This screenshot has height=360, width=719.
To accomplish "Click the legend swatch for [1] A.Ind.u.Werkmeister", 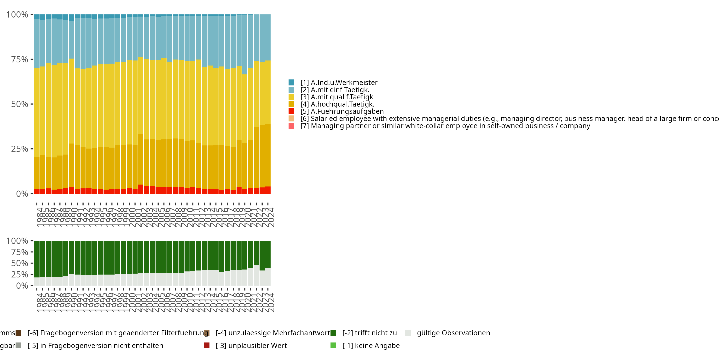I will pyautogui.click(x=291, y=83).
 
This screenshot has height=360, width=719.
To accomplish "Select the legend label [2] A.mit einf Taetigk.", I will pyautogui.click(x=335, y=90).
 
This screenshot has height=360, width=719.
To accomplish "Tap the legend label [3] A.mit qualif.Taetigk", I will pyautogui.click(x=337, y=97).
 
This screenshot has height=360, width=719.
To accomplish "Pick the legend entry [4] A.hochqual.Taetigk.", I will pyautogui.click(x=337, y=104).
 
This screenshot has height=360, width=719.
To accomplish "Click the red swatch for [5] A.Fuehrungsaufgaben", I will pyautogui.click(x=291, y=111).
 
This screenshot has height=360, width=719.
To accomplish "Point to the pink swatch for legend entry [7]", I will pyautogui.click(x=291, y=126).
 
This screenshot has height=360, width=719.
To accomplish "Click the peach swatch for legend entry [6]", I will pyautogui.click(x=291, y=119).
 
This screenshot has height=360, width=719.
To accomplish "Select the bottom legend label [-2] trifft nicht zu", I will pyautogui.click(x=370, y=333).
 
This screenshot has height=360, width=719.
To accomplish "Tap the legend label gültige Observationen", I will pyautogui.click(x=453, y=333).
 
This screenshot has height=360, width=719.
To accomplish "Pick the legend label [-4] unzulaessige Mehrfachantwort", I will pyautogui.click(x=273, y=333).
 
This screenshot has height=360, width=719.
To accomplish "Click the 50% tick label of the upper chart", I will pyautogui.click(x=20, y=104).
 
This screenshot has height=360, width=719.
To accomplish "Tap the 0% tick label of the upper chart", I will pyautogui.click(x=22, y=194).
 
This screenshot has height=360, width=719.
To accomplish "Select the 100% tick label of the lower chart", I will pyautogui.click(x=17, y=241).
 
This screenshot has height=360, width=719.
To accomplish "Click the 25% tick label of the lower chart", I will pyautogui.click(x=20, y=274).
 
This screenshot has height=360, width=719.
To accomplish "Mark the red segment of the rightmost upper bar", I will pyautogui.click(x=268, y=190).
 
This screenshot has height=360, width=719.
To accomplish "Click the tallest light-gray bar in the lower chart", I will pyautogui.click(x=256, y=275).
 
